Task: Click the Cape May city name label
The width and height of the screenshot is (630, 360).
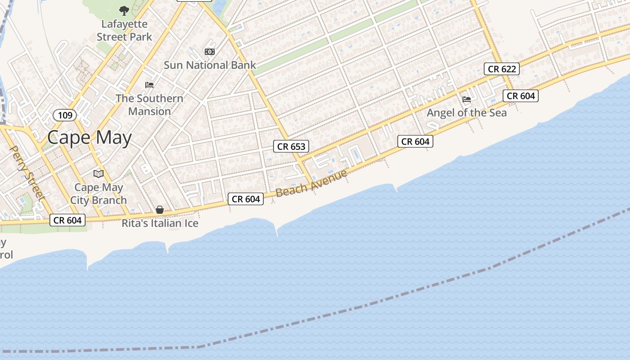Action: pos(89,138)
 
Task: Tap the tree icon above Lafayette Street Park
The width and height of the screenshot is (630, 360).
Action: pos(124,10)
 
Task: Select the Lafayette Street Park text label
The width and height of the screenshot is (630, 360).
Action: pos(125,30)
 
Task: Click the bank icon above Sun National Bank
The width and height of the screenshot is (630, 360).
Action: pos(210,52)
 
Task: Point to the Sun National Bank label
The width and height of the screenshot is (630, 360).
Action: pos(210,65)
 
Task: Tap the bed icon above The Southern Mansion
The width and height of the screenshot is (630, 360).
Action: pos(149,85)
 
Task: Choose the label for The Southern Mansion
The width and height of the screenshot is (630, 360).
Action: pos(149,105)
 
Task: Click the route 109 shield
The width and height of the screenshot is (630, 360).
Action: pos(65,115)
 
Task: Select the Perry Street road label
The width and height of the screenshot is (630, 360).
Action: pos(27,172)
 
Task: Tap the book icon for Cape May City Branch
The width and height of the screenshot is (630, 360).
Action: pos(99,174)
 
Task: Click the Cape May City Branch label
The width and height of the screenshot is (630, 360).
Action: pos(99,193)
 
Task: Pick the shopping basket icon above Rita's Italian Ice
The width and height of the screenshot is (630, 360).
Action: pos(160,210)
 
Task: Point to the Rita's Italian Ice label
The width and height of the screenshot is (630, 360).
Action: pos(160,223)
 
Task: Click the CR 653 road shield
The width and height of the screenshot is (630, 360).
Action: pos(291,146)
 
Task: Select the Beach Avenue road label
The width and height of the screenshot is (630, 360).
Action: pos(311,183)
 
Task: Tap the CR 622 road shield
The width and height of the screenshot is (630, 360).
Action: pos(502,69)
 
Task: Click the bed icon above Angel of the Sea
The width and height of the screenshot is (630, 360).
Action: pos(467,99)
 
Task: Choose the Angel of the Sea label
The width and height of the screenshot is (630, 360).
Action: pos(467,112)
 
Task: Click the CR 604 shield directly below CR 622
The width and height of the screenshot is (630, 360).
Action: pos(521,95)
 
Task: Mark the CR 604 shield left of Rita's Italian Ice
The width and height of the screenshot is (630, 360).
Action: pos(67,220)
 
